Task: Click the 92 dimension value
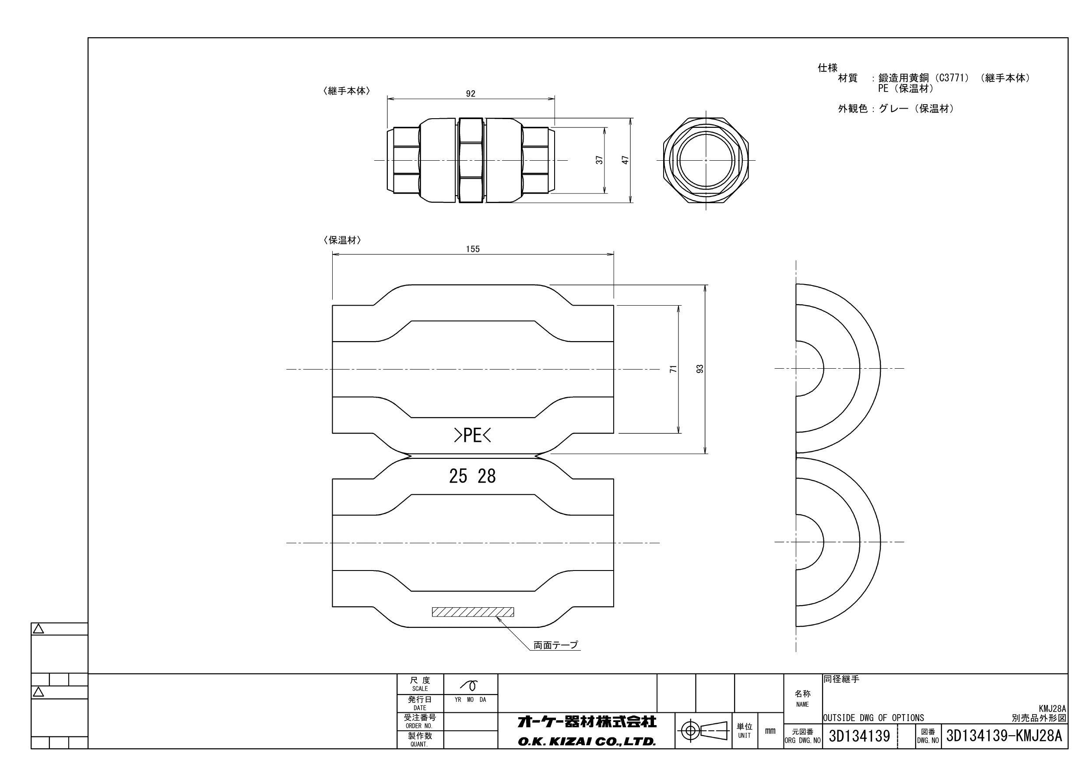tap(470, 94)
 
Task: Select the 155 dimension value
tap(472, 249)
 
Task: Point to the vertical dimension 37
tap(600, 160)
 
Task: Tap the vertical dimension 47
tap(626, 160)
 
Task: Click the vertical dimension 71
tap(674, 369)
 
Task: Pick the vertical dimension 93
tap(700, 369)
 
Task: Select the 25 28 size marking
tap(472, 476)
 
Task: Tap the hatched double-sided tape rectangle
tap(472, 612)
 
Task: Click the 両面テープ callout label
tap(555, 645)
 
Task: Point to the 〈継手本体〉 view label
tap(346, 92)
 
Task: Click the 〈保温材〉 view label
tap(341, 240)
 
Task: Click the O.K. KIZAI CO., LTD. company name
tap(587, 741)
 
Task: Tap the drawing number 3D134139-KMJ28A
tap(1004, 736)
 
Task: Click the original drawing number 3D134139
tap(859, 736)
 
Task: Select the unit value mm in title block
tap(770, 731)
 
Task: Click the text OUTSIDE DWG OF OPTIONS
tap(873, 718)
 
